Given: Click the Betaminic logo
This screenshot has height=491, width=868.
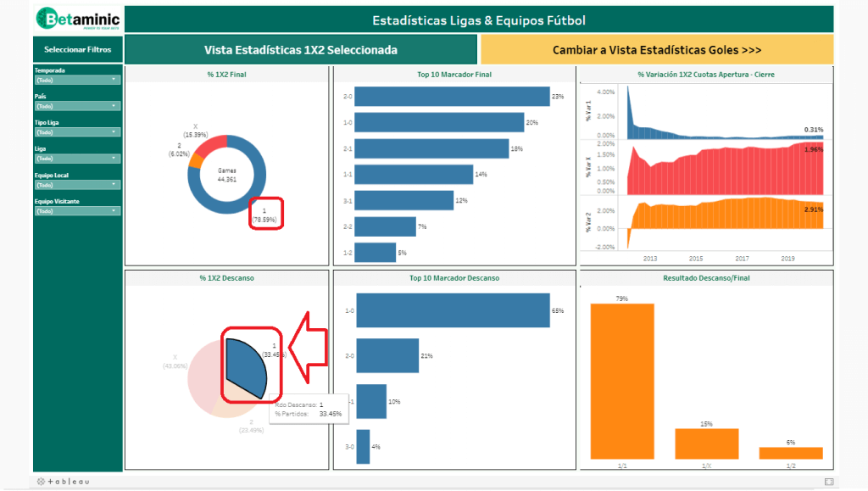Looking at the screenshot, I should [x=78, y=19].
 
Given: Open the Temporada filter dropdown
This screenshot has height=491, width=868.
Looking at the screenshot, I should [x=77, y=80].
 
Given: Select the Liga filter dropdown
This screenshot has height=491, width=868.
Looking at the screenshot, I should [x=77, y=159].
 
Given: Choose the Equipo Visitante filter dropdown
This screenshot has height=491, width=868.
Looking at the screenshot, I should [x=77, y=211].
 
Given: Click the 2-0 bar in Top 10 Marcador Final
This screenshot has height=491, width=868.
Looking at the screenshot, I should [x=452, y=96].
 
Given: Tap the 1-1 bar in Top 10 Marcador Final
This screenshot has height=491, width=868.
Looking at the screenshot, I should [x=414, y=175].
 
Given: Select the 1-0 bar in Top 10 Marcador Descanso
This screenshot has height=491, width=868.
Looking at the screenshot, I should [x=453, y=310].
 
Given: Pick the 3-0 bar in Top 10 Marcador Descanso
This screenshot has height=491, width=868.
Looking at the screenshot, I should [x=364, y=446].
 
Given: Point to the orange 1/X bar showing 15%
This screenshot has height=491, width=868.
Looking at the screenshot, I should [x=706, y=444].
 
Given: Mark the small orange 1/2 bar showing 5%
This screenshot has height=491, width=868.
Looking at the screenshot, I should [x=791, y=453].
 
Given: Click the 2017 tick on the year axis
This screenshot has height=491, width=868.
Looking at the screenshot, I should [x=742, y=258].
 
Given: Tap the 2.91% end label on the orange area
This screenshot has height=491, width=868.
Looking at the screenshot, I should [x=813, y=209].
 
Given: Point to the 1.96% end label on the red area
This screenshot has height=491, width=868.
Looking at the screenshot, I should [x=813, y=149].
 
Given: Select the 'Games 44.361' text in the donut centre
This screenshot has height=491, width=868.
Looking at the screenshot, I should [x=226, y=174].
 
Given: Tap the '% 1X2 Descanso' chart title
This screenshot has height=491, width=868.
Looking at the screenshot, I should [x=226, y=278].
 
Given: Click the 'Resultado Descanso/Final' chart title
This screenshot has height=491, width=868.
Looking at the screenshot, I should [x=705, y=278].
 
